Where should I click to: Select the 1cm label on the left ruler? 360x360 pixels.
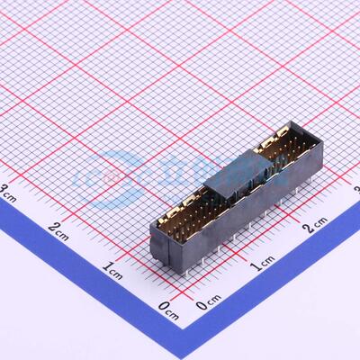(113, 267)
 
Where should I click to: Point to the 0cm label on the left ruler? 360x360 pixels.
(168, 310)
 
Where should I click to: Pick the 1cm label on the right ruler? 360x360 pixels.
(262, 262)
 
